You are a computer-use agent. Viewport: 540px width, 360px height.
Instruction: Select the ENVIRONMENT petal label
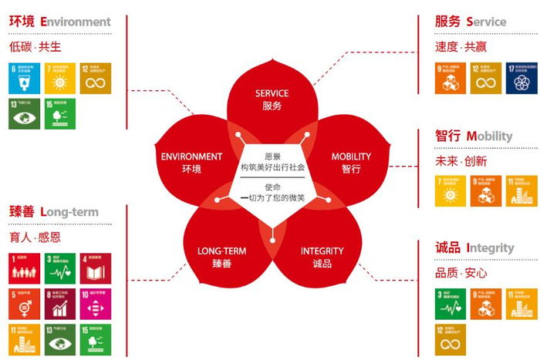[191, 163]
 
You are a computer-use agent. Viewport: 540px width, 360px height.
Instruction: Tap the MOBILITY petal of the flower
[351, 163]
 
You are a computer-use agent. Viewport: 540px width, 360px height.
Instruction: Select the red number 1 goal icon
[24, 268]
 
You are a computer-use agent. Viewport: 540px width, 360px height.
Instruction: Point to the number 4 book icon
[95, 268]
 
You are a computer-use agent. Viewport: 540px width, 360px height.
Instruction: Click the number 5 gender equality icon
[24, 304]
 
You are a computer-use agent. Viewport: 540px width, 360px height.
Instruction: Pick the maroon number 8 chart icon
[59, 304]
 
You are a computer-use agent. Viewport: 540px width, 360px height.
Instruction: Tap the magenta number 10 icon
[95, 304]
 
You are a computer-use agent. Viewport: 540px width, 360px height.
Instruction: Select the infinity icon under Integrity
[451, 339]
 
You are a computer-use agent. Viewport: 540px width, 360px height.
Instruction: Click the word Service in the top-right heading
[486, 22]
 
